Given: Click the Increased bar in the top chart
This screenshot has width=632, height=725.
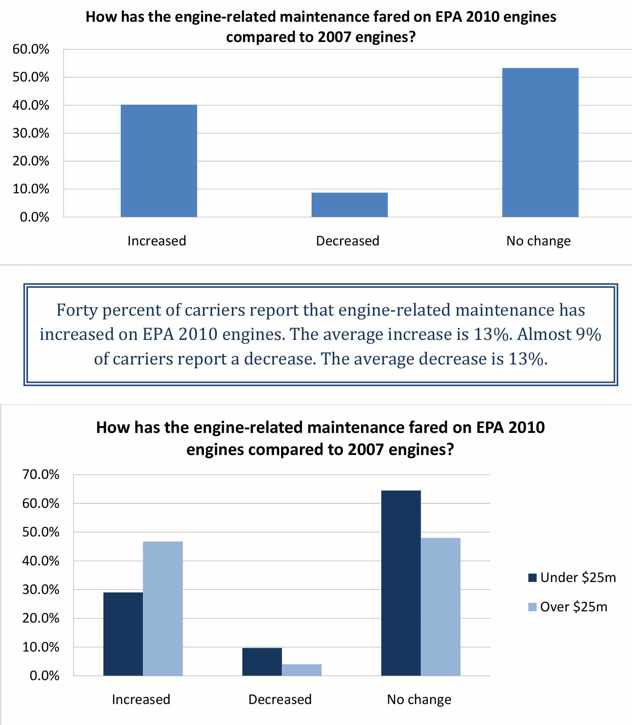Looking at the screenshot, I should pos(159,161).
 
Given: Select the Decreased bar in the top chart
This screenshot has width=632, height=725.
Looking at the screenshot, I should pos(349,205).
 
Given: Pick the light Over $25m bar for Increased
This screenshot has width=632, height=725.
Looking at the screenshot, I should pos(163,608).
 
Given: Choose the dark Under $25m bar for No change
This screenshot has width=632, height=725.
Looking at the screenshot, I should pos(401,583).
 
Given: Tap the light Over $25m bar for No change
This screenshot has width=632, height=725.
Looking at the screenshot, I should pos(441,607).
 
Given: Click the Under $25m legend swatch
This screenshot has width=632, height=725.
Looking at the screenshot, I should pos(532,577).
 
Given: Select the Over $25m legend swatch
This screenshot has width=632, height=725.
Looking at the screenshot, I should pos(532,607).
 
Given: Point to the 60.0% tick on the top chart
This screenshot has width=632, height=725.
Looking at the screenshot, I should pos(31,49).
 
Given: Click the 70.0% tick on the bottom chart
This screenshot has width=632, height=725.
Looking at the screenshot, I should pos(41,475).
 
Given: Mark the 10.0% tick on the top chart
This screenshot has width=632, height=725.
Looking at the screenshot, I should pos(31,189).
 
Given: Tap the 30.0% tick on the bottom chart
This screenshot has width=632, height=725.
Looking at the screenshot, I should pos(41,590).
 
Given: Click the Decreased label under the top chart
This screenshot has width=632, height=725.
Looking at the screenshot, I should pos(348,241).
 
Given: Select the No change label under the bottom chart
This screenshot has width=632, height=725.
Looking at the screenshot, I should pos(419,699).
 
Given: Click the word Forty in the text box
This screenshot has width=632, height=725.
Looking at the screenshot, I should pos(77,310).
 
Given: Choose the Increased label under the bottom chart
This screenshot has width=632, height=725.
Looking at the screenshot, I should pos(141,699).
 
